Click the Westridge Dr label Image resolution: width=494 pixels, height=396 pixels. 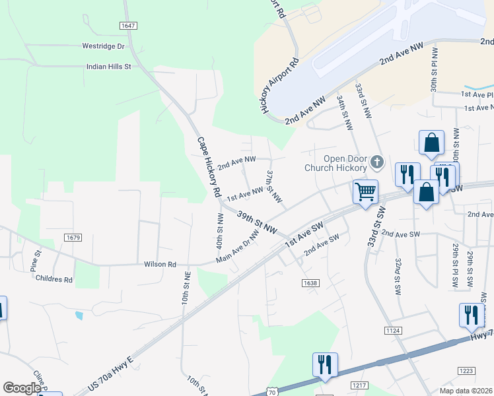[x=102, y=46]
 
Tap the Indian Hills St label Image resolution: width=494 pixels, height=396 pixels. [x=109, y=67]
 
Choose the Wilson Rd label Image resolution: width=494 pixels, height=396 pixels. [x=160, y=264]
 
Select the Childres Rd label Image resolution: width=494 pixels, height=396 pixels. [x=54, y=279]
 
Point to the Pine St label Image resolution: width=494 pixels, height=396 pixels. [x=37, y=258]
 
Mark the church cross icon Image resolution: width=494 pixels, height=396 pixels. [x=376, y=162]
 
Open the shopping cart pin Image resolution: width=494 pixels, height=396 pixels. [x=365, y=192]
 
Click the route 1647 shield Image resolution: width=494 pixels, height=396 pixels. [x=128, y=25]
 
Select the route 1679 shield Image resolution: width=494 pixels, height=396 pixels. [x=73, y=237]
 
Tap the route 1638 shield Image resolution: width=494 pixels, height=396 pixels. [x=310, y=282]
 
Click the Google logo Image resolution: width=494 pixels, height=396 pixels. [x=22, y=388]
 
